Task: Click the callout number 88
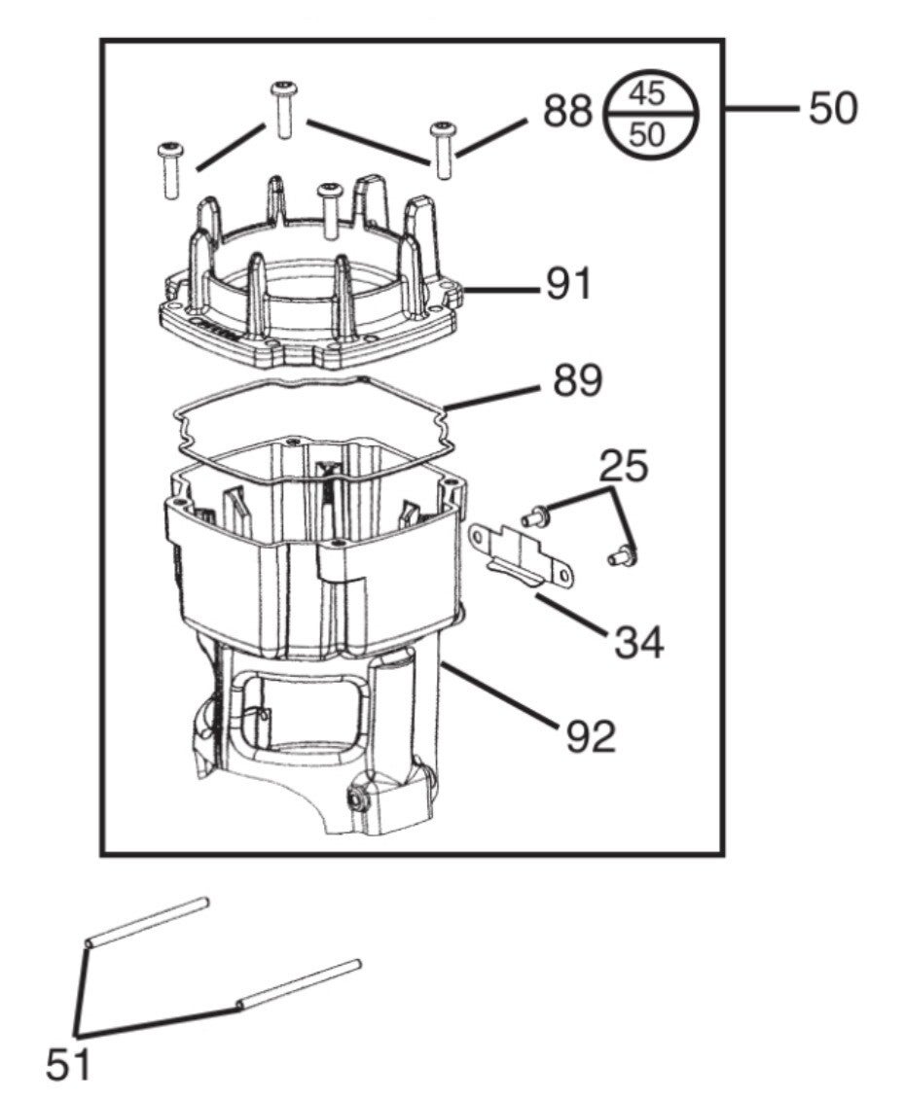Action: click(568, 111)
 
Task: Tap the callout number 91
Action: click(568, 285)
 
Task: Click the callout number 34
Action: click(639, 642)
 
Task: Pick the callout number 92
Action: click(590, 736)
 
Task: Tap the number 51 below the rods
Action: click(68, 1065)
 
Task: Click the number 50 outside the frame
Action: click(833, 109)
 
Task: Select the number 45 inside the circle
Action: click(646, 93)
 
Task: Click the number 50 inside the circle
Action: click(646, 134)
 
